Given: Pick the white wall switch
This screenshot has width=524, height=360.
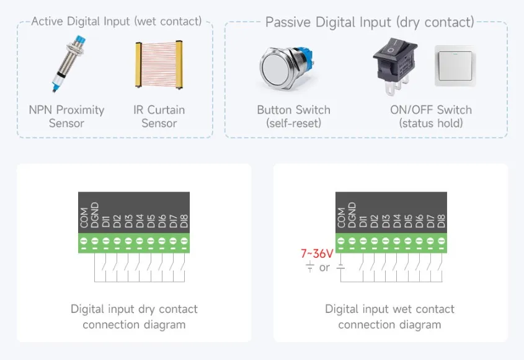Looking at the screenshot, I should (455, 66).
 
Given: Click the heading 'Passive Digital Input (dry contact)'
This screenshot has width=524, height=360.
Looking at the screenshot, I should (370, 22).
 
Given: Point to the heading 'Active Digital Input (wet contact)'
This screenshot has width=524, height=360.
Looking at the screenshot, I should (117, 21).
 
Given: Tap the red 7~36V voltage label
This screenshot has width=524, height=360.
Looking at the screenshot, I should (317, 253).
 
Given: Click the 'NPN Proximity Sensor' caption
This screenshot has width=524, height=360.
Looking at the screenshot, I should (66, 116).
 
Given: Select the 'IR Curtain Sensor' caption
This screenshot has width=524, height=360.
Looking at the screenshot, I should (159, 116).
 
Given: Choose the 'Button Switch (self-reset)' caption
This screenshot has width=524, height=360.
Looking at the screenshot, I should (293, 116).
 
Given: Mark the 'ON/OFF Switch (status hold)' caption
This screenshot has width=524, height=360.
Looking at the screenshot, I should (431, 116).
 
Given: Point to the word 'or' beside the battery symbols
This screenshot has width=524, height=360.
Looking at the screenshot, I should (324, 268).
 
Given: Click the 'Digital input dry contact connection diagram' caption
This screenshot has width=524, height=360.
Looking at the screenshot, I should (134, 317).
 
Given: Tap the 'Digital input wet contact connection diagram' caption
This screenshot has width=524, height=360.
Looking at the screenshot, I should (389, 317).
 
